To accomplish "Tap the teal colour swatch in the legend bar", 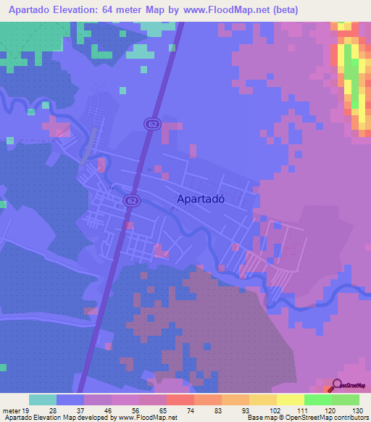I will coord(43,400).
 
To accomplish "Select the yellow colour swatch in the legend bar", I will coord(290,400).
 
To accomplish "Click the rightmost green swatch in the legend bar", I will coord(346,400).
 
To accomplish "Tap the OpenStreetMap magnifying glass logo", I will coord(337,386).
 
